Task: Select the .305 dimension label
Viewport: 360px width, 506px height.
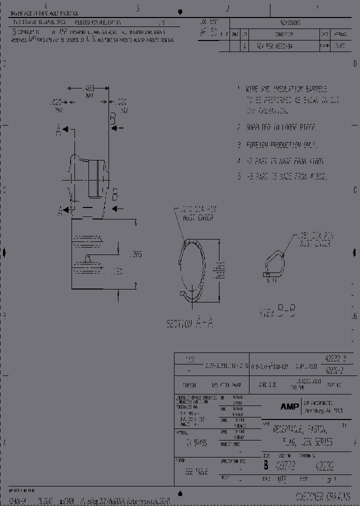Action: click(x=135, y=254)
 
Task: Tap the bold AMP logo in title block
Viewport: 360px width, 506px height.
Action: click(x=289, y=407)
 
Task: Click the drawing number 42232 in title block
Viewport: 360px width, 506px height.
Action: click(x=324, y=466)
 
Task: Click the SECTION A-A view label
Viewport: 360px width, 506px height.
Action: click(x=189, y=323)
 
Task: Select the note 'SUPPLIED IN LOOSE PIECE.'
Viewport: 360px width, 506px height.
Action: click(x=280, y=127)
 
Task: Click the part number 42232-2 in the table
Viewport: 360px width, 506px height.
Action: click(x=333, y=370)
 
